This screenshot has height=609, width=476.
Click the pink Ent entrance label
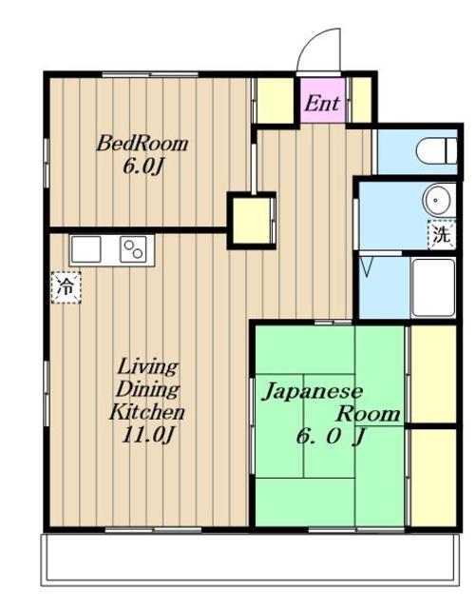321,103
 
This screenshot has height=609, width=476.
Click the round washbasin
435,201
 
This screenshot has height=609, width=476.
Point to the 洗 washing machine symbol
441,234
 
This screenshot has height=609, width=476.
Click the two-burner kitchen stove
132,250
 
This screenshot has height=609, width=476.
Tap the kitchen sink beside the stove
86,250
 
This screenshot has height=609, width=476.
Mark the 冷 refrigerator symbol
66,285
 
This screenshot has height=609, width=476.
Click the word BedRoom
143,145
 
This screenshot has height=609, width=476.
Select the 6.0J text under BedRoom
143,165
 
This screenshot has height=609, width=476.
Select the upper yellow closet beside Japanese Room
431,373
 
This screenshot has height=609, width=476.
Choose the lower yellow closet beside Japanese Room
431,474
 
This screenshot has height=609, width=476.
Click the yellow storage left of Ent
276,99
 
